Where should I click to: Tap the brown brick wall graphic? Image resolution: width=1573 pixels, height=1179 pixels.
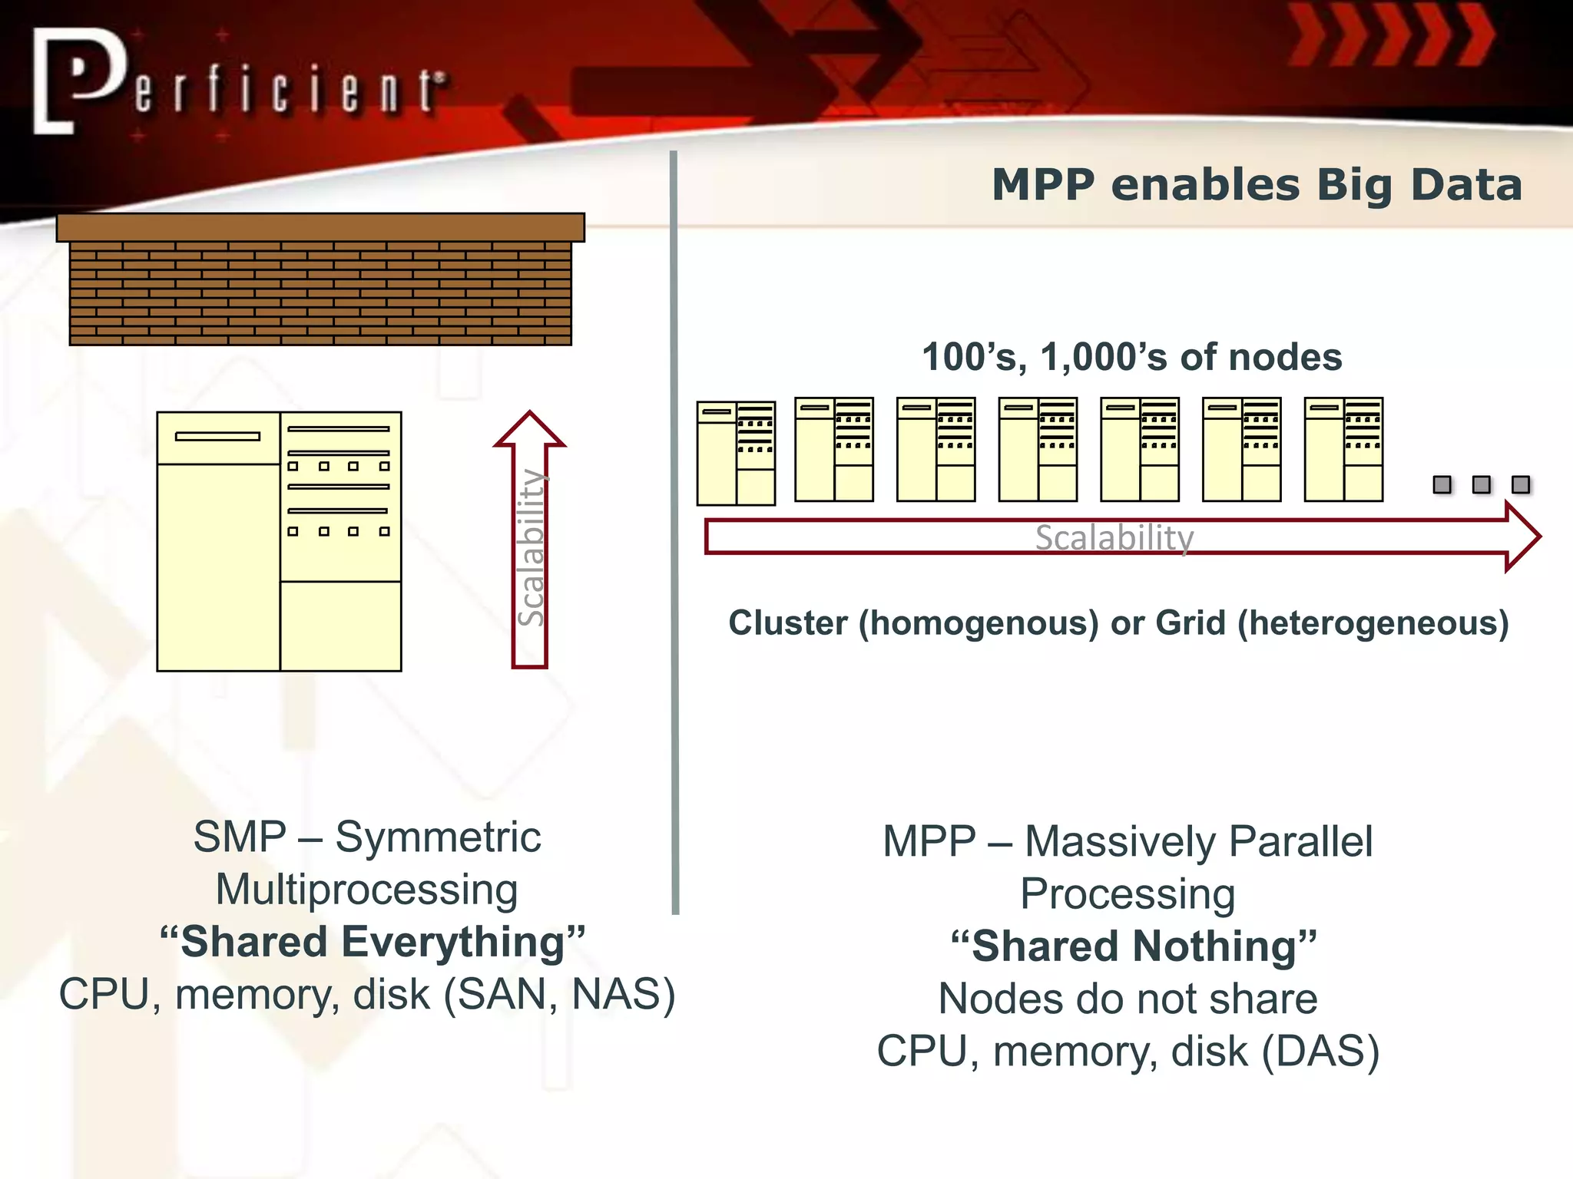point(320,292)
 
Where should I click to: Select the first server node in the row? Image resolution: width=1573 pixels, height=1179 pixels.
point(736,453)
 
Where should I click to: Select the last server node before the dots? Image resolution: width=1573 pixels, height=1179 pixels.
point(1343,450)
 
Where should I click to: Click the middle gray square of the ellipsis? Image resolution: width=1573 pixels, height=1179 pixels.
point(1481,484)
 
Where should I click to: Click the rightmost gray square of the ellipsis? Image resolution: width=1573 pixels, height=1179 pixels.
point(1520,484)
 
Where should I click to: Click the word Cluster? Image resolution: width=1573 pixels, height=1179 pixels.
point(788,623)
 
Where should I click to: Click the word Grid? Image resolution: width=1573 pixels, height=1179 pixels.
point(1191,623)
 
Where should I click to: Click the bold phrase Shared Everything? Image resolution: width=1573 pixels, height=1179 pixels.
point(373,942)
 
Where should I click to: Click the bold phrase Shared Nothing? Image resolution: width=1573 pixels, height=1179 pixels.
point(1134,946)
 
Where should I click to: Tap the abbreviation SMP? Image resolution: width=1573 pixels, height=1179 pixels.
point(240,837)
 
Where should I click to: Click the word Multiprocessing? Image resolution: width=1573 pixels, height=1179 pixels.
point(366,890)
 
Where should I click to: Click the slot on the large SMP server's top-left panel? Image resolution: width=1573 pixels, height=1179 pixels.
point(217,436)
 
